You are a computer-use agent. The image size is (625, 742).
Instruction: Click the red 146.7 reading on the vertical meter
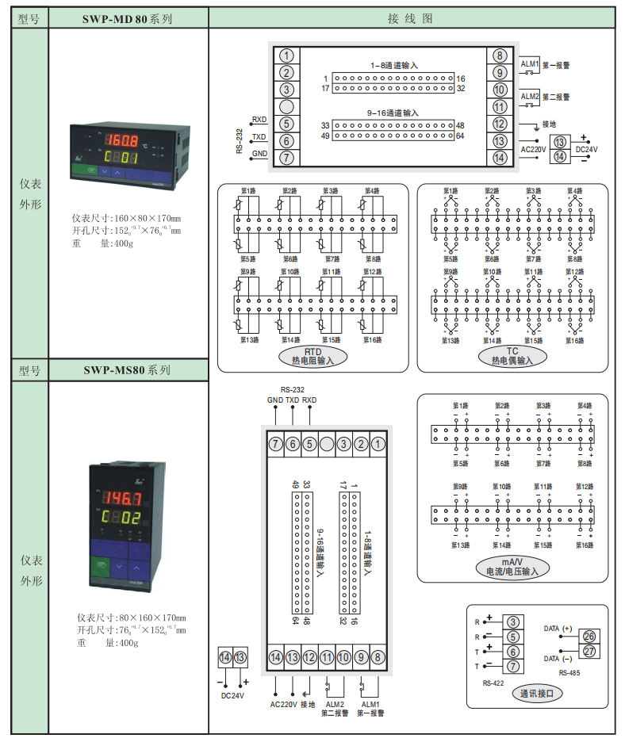[x=126, y=499]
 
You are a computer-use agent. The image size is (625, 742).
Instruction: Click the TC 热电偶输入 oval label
[x=512, y=356]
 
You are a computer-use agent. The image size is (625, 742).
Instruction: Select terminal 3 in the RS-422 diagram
[x=514, y=622]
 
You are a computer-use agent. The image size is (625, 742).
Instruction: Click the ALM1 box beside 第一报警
[x=530, y=63]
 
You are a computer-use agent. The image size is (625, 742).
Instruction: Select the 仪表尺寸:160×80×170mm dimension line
[x=126, y=218]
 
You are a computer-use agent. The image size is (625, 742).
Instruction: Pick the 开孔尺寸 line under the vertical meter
[x=131, y=630]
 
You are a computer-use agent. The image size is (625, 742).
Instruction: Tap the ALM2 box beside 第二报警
[x=530, y=97]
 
